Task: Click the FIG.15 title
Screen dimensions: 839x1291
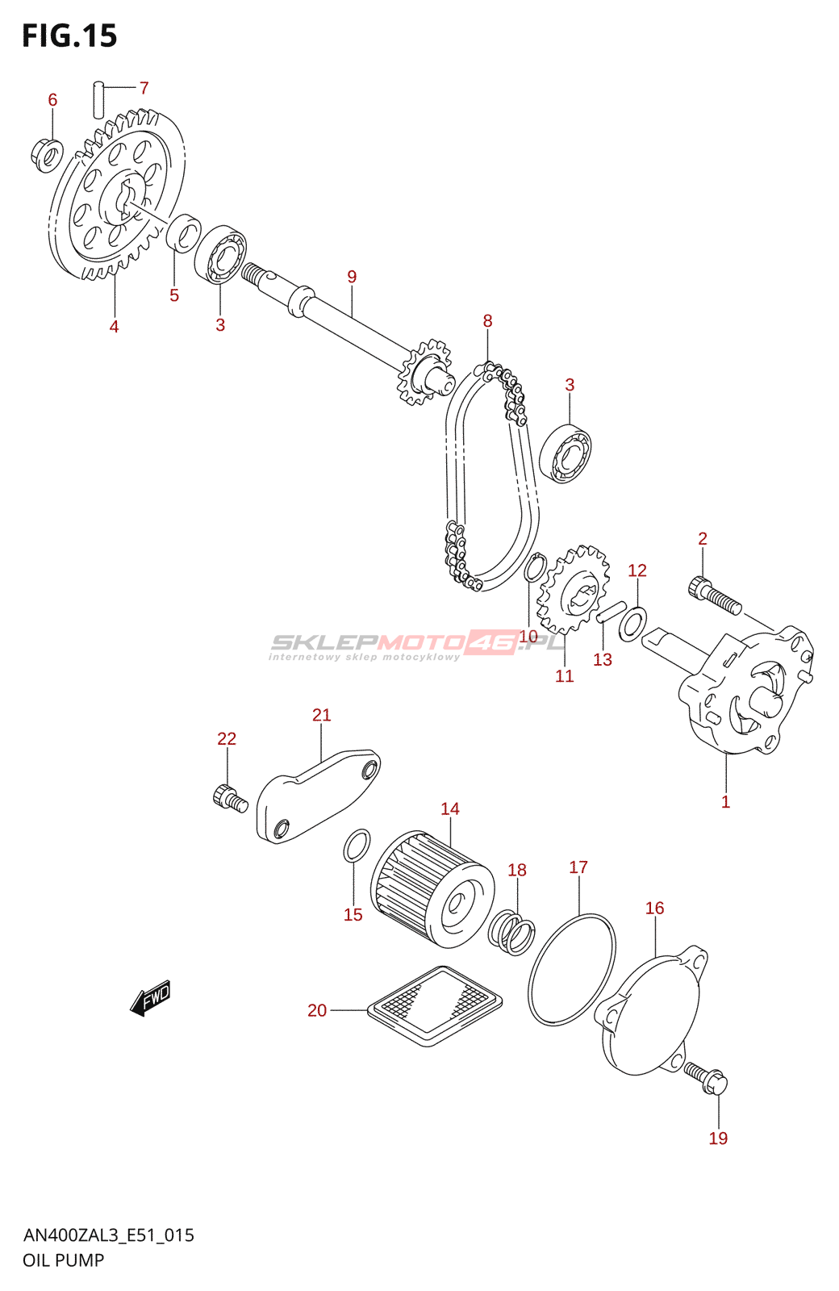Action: click(x=69, y=36)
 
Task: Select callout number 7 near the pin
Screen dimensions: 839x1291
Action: click(x=144, y=88)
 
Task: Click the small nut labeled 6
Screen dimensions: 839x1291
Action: click(x=46, y=156)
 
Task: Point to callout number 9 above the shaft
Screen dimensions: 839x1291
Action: click(x=352, y=277)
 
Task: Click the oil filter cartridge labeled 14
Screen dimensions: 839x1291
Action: click(x=432, y=890)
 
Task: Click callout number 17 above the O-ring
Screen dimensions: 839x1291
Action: click(x=578, y=867)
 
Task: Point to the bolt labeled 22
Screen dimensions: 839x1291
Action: click(x=230, y=798)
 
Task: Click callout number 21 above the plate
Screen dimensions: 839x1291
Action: click(x=322, y=715)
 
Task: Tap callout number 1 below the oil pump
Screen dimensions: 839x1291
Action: click(x=725, y=801)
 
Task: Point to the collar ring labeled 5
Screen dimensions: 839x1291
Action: click(x=183, y=233)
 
